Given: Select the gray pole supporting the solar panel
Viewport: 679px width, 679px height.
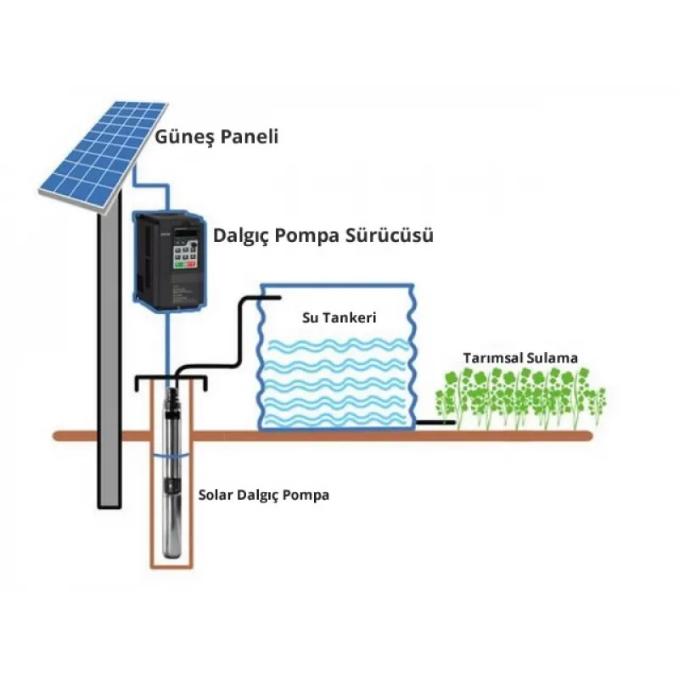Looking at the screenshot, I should [108, 356].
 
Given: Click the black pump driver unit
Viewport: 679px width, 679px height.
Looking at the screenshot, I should [171, 260].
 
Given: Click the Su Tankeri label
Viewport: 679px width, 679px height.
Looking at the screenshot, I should [339, 317].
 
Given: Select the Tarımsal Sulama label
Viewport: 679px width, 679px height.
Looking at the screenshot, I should [519, 358].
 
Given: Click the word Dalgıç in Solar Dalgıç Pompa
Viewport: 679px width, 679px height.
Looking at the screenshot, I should [262, 495].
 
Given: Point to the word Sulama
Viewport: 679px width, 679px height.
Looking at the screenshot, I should [552, 358].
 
